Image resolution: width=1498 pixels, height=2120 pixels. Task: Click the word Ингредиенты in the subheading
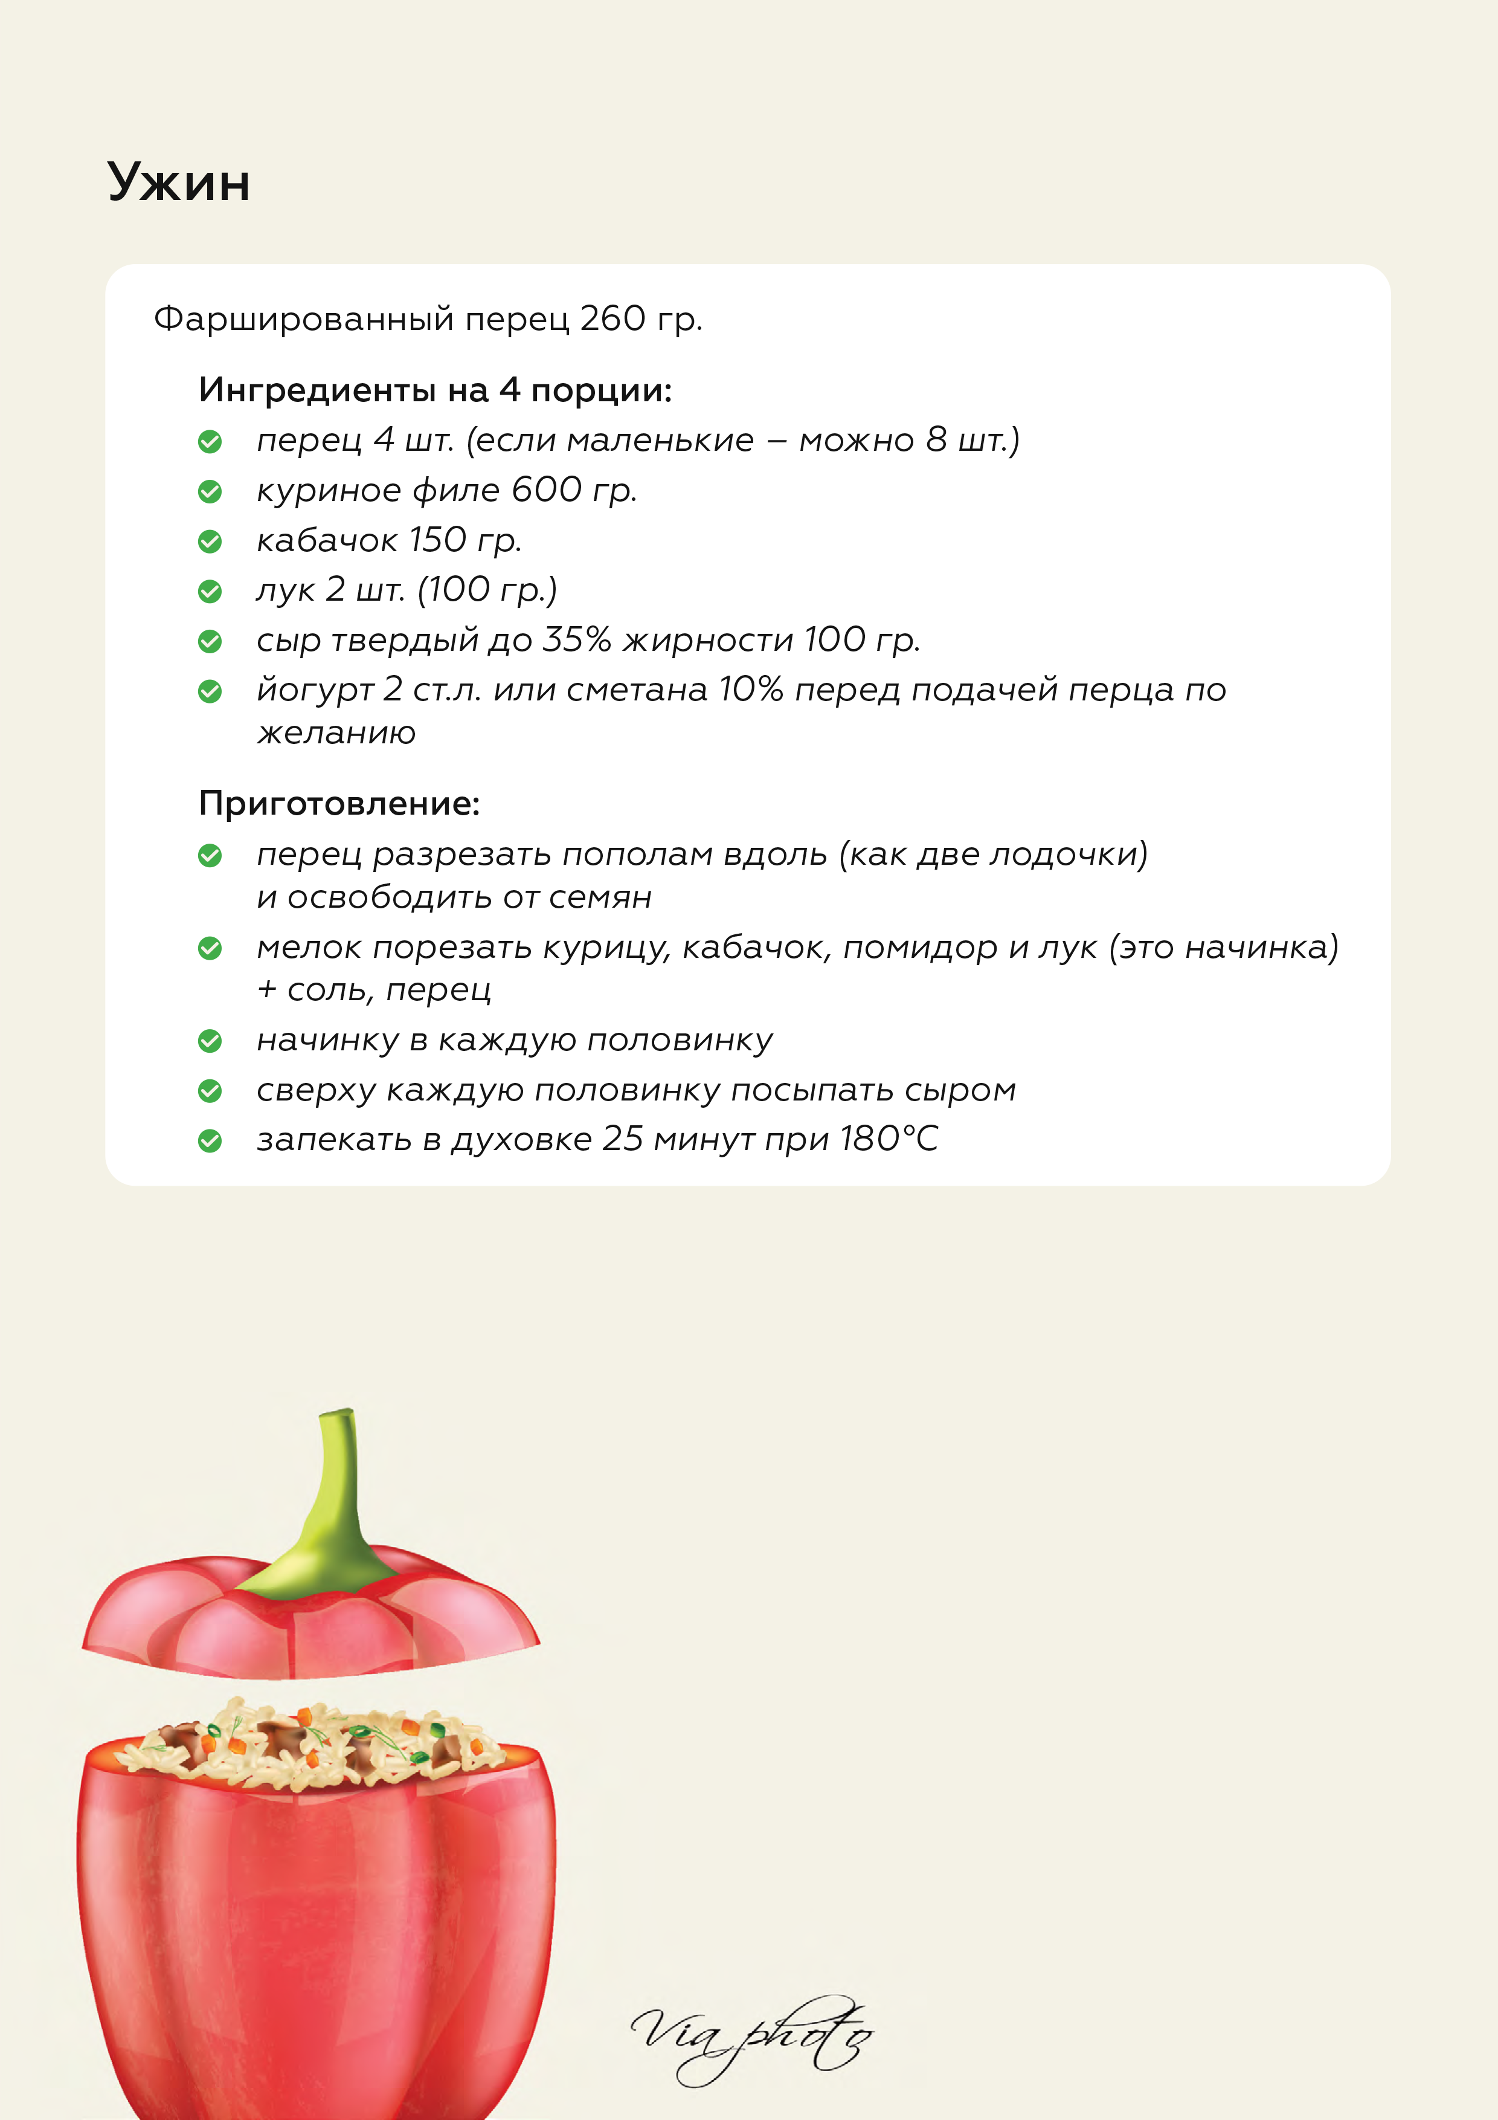coord(317,390)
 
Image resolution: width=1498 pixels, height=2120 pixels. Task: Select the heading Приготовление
coord(339,803)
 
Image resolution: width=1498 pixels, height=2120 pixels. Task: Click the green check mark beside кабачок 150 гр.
coord(210,541)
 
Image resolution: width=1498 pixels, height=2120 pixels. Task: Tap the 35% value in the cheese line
coord(576,639)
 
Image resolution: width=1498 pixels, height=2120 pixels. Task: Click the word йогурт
coord(315,690)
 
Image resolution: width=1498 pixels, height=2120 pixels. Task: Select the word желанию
coord(336,733)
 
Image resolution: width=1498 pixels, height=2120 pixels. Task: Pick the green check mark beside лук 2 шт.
coord(210,591)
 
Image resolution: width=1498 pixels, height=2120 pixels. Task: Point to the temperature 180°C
coord(888,1139)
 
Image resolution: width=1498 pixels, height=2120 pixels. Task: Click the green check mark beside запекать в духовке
coord(210,1141)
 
